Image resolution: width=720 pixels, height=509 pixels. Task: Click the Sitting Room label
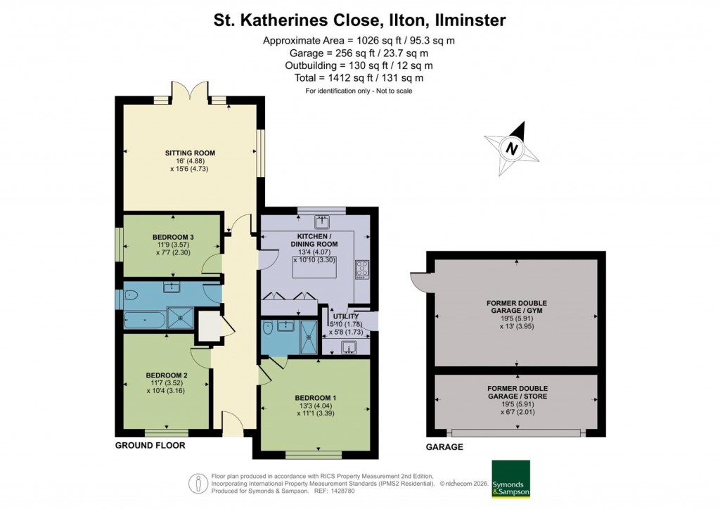tap(190, 153)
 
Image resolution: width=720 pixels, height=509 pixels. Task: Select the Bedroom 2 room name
tap(166, 375)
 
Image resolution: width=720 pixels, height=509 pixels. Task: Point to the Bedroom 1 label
tap(315, 399)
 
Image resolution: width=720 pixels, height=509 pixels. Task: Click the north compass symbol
tap(513, 148)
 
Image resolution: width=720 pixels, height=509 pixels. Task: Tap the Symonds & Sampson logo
tap(510, 479)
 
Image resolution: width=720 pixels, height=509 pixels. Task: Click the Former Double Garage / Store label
tap(517, 392)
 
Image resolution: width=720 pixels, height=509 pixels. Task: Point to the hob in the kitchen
tap(363, 268)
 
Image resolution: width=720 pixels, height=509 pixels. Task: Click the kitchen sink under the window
tap(323, 222)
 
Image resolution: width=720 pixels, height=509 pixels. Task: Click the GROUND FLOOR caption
tap(150, 446)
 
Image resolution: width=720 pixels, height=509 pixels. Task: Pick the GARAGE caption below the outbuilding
tap(444, 447)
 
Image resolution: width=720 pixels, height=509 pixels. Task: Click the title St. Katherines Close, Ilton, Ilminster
tap(359, 20)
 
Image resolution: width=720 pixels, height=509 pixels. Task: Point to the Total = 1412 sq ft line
tap(359, 78)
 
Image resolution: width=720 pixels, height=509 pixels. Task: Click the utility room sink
tap(350, 347)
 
